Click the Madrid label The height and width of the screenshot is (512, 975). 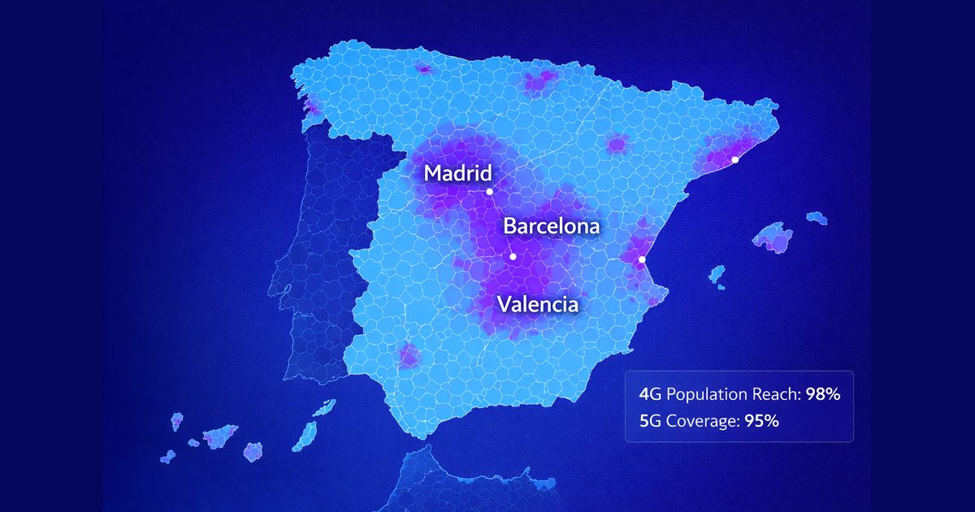[x=458, y=173]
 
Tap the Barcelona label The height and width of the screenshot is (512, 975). [x=552, y=226]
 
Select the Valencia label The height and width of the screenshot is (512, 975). [x=538, y=305]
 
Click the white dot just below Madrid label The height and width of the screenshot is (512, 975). [x=489, y=192]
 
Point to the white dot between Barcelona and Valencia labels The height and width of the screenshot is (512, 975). [x=513, y=257]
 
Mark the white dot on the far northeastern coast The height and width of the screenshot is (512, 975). [x=734, y=160]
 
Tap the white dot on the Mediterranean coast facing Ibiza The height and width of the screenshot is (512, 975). [x=642, y=259]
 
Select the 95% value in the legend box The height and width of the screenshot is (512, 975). [x=762, y=422]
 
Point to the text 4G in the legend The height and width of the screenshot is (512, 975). [x=650, y=395]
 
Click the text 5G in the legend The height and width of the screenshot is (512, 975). [x=650, y=422]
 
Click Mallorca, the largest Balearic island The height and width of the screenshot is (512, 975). [x=773, y=236]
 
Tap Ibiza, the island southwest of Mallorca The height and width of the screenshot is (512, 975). [x=717, y=275]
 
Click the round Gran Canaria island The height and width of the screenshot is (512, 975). [x=253, y=451]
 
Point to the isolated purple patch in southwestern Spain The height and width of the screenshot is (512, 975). [x=409, y=356]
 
